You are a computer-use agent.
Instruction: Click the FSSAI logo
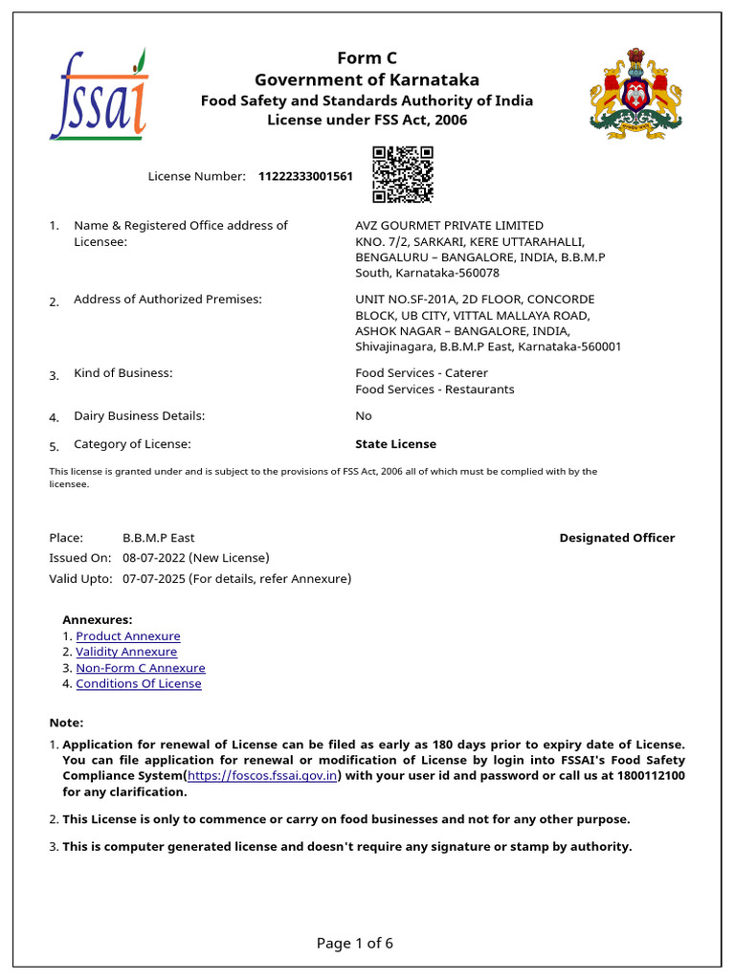[x=99, y=95]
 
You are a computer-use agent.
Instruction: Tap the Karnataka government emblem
[x=635, y=92]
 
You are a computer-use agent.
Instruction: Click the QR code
[x=403, y=174]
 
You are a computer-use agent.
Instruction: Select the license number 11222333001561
[x=305, y=177]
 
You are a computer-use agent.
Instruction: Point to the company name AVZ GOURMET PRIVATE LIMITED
[x=449, y=226]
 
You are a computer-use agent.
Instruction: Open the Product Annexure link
[x=128, y=636]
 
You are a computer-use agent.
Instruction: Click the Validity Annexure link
[x=126, y=652]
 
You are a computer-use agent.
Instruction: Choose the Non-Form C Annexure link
[x=141, y=668]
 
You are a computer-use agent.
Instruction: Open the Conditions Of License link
[x=139, y=684]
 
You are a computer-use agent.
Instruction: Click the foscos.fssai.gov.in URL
[x=262, y=775]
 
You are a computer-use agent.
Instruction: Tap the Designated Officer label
[x=617, y=538]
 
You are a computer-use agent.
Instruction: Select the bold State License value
[x=395, y=444]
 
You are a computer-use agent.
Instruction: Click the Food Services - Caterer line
[x=421, y=373]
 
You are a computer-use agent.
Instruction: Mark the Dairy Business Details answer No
[x=364, y=416]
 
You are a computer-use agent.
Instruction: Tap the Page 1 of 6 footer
[x=355, y=944]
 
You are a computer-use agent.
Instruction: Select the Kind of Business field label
[x=123, y=373]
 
